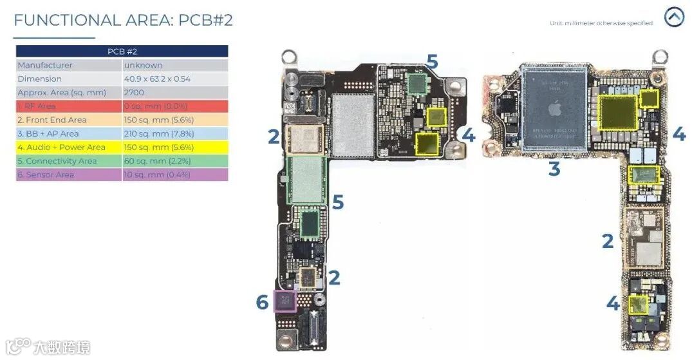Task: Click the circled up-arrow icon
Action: (x=674, y=17)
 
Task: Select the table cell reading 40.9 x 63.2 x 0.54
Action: (x=157, y=79)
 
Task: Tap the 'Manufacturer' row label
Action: (x=45, y=65)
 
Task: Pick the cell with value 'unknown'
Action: (x=143, y=65)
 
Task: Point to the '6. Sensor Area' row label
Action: (x=46, y=175)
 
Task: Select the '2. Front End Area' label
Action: (x=52, y=120)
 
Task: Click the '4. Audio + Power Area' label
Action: (x=61, y=147)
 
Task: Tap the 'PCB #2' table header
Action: (x=122, y=52)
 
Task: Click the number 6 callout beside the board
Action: (x=261, y=301)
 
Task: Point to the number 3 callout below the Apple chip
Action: (x=554, y=169)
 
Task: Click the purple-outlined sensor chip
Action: (x=285, y=301)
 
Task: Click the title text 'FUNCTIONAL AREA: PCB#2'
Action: (x=123, y=20)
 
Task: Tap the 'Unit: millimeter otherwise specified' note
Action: (x=601, y=23)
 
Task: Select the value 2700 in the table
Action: (x=134, y=93)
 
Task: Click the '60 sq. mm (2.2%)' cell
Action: (x=160, y=161)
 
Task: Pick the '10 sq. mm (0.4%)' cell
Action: (x=160, y=175)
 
